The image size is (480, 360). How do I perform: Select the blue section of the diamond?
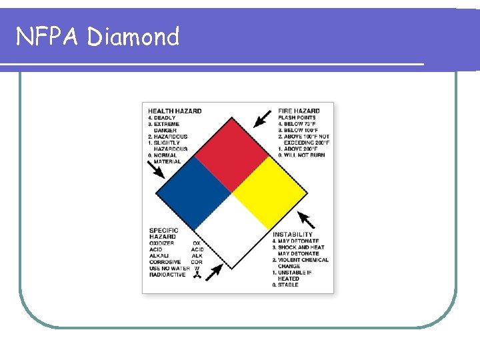(x=193, y=193)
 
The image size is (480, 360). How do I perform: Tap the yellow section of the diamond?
(x=269, y=193)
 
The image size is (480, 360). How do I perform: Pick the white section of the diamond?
(x=231, y=231)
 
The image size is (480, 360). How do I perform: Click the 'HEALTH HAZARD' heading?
(x=175, y=111)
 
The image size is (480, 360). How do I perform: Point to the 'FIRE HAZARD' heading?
(x=299, y=111)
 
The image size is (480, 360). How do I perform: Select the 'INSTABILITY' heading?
(x=292, y=235)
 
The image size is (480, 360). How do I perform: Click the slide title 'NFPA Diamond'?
(x=97, y=36)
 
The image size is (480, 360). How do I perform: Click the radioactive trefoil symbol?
(x=197, y=275)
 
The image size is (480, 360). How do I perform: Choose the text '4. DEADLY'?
(x=162, y=118)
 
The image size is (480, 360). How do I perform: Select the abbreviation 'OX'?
(x=197, y=243)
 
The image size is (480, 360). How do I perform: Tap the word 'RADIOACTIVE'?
(x=167, y=275)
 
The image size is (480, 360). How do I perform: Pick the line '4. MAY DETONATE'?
(x=295, y=241)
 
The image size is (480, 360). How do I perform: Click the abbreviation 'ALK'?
(x=197, y=256)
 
